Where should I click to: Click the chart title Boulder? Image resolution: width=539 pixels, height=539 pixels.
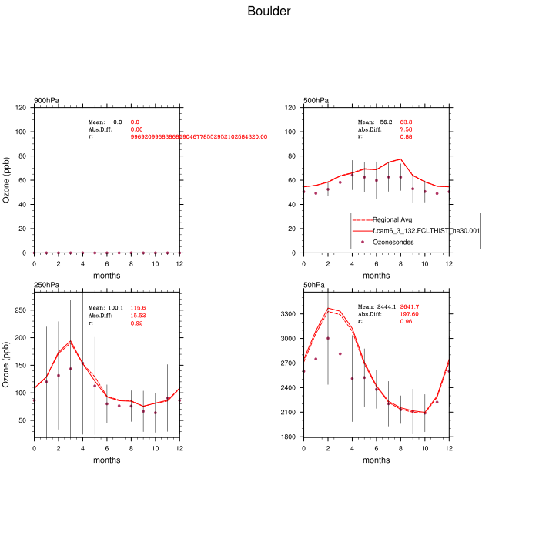click(269, 12)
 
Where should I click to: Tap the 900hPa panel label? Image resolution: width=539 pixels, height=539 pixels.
click(46, 101)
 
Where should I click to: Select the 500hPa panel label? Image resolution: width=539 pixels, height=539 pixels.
click(316, 101)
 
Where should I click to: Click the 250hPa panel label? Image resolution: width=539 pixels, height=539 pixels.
click(46, 286)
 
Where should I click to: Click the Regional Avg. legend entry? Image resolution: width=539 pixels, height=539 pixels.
click(393, 220)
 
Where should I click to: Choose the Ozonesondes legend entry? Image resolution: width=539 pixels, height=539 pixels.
click(394, 242)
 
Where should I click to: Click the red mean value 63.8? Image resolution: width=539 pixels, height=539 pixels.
click(406, 122)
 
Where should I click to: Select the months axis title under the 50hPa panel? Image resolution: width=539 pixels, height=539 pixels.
click(377, 460)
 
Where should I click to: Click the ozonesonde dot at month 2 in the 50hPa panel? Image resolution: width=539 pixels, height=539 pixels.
click(328, 338)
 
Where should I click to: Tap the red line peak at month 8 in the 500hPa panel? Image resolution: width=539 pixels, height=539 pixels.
click(400, 159)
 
